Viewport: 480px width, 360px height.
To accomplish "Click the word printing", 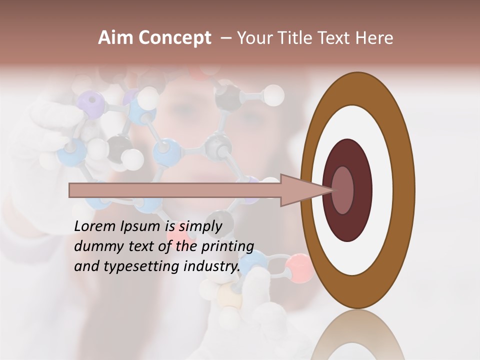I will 227,246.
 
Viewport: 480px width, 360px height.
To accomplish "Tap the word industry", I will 212,266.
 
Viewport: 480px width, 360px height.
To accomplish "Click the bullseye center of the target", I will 343,190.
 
